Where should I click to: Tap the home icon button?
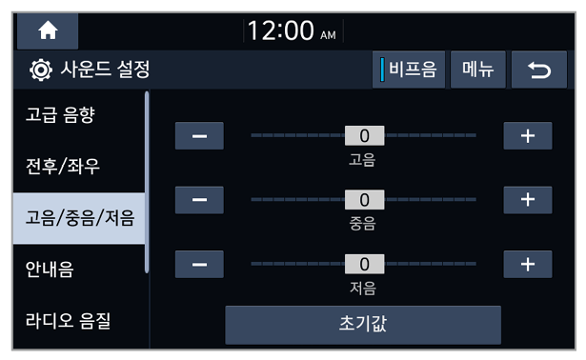pos(48,30)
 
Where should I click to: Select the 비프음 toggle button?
pos(409,70)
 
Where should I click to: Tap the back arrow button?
pos(539,70)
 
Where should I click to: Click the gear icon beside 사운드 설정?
pos(41,70)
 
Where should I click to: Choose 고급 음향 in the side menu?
pos(61,114)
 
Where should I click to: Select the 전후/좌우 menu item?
pos(63,166)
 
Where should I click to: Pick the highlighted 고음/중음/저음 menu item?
pos(79,218)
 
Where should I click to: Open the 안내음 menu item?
pos(50,270)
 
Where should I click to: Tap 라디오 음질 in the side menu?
pos(68,321)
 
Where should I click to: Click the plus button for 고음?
pos(528,135)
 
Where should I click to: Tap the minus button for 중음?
pos(199,200)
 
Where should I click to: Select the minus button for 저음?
pos(199,265)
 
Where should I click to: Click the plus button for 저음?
pos(528,265)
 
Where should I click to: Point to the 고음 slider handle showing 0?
pos(364,135)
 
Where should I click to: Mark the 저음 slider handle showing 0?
pos(364,264)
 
